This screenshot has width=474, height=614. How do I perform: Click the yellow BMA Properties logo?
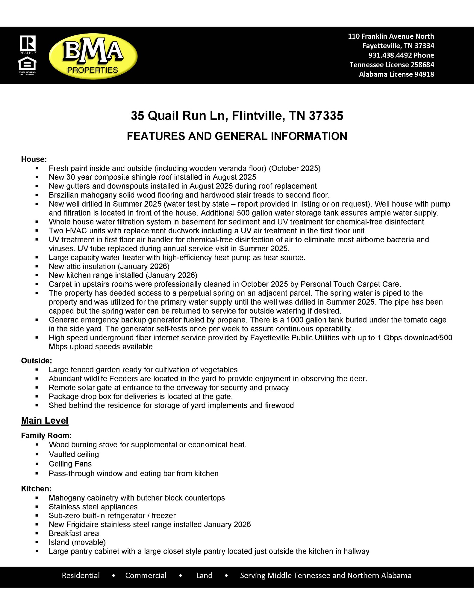(x=93, y=57)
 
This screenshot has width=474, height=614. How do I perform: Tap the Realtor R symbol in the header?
(x=28, y=43)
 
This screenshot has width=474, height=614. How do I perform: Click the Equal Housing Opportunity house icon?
(x=27, y=64)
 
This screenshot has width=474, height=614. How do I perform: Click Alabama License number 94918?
(x=424, y=74)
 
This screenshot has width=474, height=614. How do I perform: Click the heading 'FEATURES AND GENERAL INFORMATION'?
(x=237, y=136)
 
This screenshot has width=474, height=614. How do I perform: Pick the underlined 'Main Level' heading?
(x=45, y=420)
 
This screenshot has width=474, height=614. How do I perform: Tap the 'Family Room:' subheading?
(x=46, y=435)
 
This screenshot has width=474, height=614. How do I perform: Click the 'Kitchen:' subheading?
(x=36, y=489)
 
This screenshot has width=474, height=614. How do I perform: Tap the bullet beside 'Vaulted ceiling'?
(x=37, y=455)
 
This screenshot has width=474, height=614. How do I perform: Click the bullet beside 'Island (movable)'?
(x=37, y=542)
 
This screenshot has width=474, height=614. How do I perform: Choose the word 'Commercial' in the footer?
(x=146, y=575)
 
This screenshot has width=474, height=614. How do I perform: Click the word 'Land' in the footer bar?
(x=204, y=575)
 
